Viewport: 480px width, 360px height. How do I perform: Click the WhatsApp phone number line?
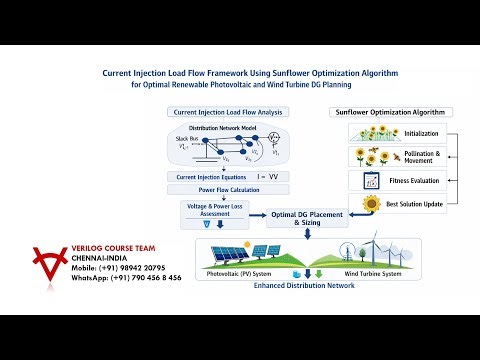click(x=126, y=278)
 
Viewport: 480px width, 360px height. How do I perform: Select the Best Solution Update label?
click(x=419, y=205)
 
